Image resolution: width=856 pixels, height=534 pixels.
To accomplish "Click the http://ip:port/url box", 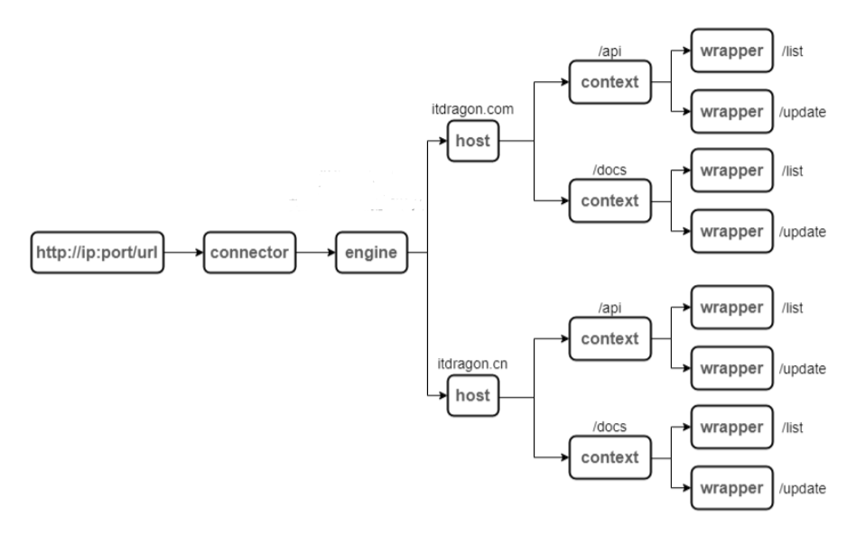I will pyautogui.click(x=97, y=252).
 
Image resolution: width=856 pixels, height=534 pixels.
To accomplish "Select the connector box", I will pyautogui.click(x=250, y=252).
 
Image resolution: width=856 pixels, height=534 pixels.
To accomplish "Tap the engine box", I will pyautogui.click(x=371, y=252).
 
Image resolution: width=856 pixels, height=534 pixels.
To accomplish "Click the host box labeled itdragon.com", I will pyautogui.click(x=473, y=141).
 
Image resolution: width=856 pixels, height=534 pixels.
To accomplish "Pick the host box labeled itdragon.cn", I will pyautogui.click(x=473, y=395).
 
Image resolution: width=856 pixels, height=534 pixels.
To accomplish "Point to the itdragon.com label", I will pyautogui.click(x=472, y=109).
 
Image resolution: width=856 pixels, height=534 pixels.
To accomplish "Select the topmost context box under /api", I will pyautogui.click(x=609, y=83).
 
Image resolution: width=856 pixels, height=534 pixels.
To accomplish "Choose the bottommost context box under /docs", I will pyautogui.click(x=609, y=456).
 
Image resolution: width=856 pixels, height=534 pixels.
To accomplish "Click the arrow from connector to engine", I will pyautogui.click(x=314, y=252).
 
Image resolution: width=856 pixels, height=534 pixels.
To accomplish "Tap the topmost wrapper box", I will pyautogui.click(x=732, y=51).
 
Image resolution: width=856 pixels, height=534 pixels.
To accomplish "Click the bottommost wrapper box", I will pyautogui.click(x=732, y=488).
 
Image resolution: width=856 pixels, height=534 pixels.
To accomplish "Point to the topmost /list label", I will pyautogui.click(x=794, y=51).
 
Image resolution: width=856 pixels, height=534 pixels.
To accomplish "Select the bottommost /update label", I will pyautogui.click(x=803, y=489).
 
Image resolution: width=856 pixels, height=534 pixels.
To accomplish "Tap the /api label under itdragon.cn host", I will pyautogui.click(x=609, y=309).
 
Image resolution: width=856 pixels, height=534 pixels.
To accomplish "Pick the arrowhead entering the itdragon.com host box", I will pyautogui.click(x=443, y=141).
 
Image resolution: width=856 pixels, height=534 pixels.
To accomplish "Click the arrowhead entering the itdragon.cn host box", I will pyautogui.click(x=443, y=395).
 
